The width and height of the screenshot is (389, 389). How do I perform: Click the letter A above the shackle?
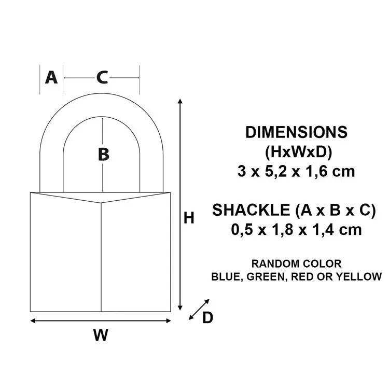click(51, 78)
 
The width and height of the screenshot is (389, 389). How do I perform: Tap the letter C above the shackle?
click(102, 78)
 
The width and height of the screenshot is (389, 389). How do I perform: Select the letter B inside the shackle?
click(103, 155)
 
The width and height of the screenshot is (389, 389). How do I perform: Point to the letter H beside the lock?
click(189, 218)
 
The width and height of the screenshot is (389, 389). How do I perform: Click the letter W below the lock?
click(101, 336)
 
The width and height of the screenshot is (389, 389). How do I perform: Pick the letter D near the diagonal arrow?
click(207, 317)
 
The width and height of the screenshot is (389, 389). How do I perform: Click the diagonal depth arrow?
click(200, 309)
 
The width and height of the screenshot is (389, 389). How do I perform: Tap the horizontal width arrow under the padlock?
click(101, 320)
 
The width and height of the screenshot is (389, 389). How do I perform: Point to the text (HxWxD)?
click(296, 152)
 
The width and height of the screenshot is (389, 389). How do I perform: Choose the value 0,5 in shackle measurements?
click(243, 230)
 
